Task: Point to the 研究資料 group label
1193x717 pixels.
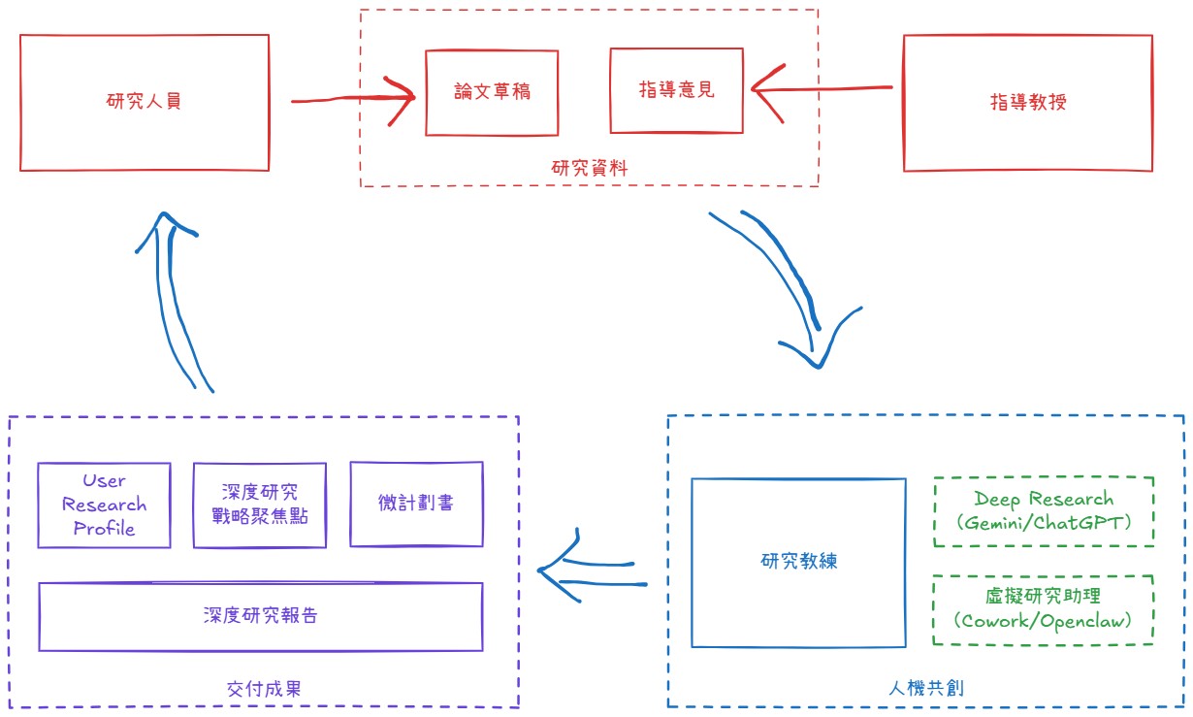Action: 590,169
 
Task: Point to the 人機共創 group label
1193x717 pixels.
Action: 925,688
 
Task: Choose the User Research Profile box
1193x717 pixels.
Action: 104,505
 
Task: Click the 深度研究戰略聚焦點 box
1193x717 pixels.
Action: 259,505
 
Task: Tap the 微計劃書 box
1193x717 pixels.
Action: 416,504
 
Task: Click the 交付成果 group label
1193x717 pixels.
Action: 263,690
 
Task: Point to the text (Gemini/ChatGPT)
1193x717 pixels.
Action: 1043,523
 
